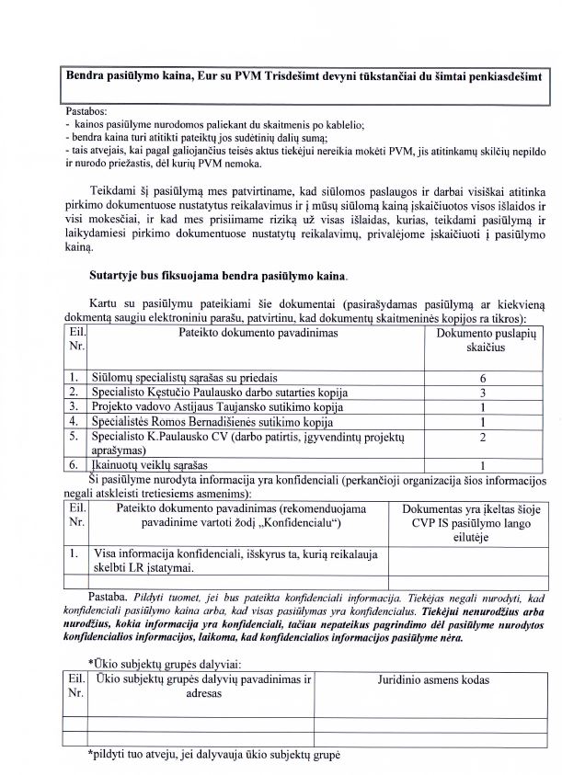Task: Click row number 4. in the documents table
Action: pos(74,421)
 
